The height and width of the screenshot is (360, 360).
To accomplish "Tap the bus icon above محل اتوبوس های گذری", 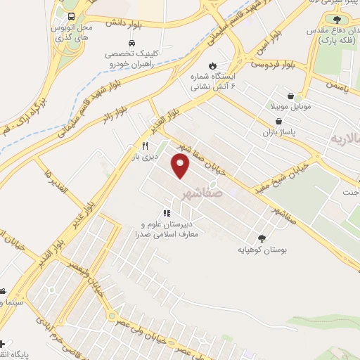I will (x=72, y=16).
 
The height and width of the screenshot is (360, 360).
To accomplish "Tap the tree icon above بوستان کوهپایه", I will (x=262, y=238).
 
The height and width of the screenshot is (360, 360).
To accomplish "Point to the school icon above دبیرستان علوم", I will (x=167, y=213).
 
